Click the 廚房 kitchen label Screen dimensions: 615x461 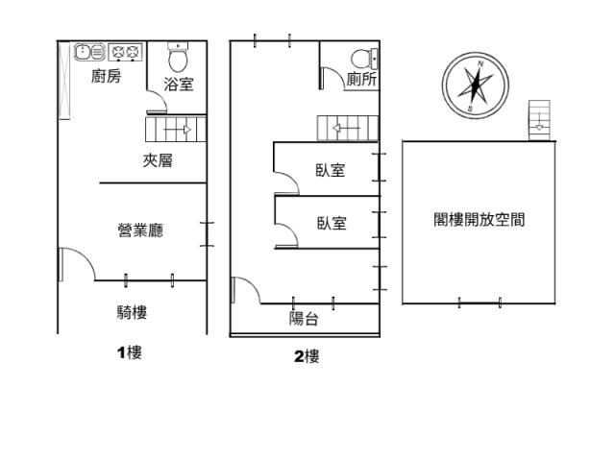tap(107, 76)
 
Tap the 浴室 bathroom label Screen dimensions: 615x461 tap(179, 85)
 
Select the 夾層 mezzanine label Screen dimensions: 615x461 tap(158, 160)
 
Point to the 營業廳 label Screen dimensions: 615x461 tap(140, 230)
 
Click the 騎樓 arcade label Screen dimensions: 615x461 tap(132, 312)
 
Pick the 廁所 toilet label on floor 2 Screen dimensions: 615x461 tap(361, 79)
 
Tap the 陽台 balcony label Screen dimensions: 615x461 tap(304, 318)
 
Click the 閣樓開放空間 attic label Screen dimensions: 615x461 tap(480, 220)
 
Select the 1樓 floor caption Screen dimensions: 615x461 tap(130, 352)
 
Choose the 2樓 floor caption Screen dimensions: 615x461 tap(307, 356)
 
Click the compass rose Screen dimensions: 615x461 tap(476, 85)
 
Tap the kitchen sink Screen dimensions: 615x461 tap(89, 52)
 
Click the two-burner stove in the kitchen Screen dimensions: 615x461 tap(125, 52)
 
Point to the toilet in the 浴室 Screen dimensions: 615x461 tap(178, 58)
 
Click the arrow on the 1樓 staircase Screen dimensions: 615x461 tap(177, 130)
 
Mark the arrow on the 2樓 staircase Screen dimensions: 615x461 tap(346, 128)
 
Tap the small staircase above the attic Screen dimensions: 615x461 tap(539, 120)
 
